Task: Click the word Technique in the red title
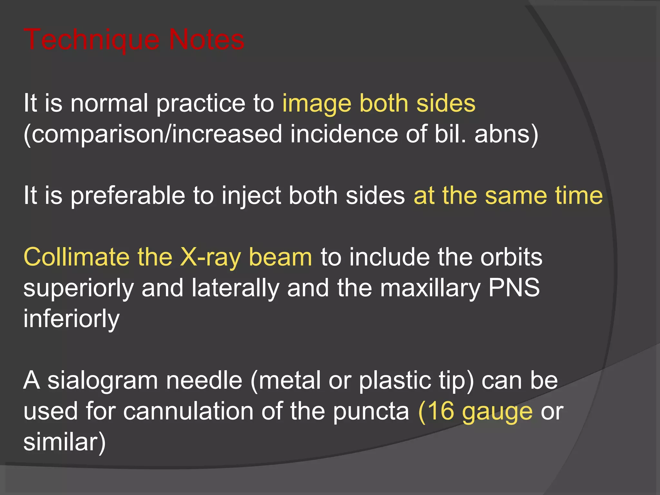pyautogui.click(x=91, y=40)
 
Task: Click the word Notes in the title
pyautogui.click(x=206, y=40)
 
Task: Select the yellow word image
pyautogui.click(x=316, y=104)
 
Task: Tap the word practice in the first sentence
pyautogui.click(x=200, y=104)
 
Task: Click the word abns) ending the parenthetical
pyautogui.click(x=506, y=134)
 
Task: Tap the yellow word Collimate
pyautogui.click(x=76, y=257)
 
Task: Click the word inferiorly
pyautogui.click(x=72, y=318)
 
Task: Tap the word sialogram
pyautogui.click(x=102, y=381)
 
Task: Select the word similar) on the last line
pyautogui.click(x=64, y=442)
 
